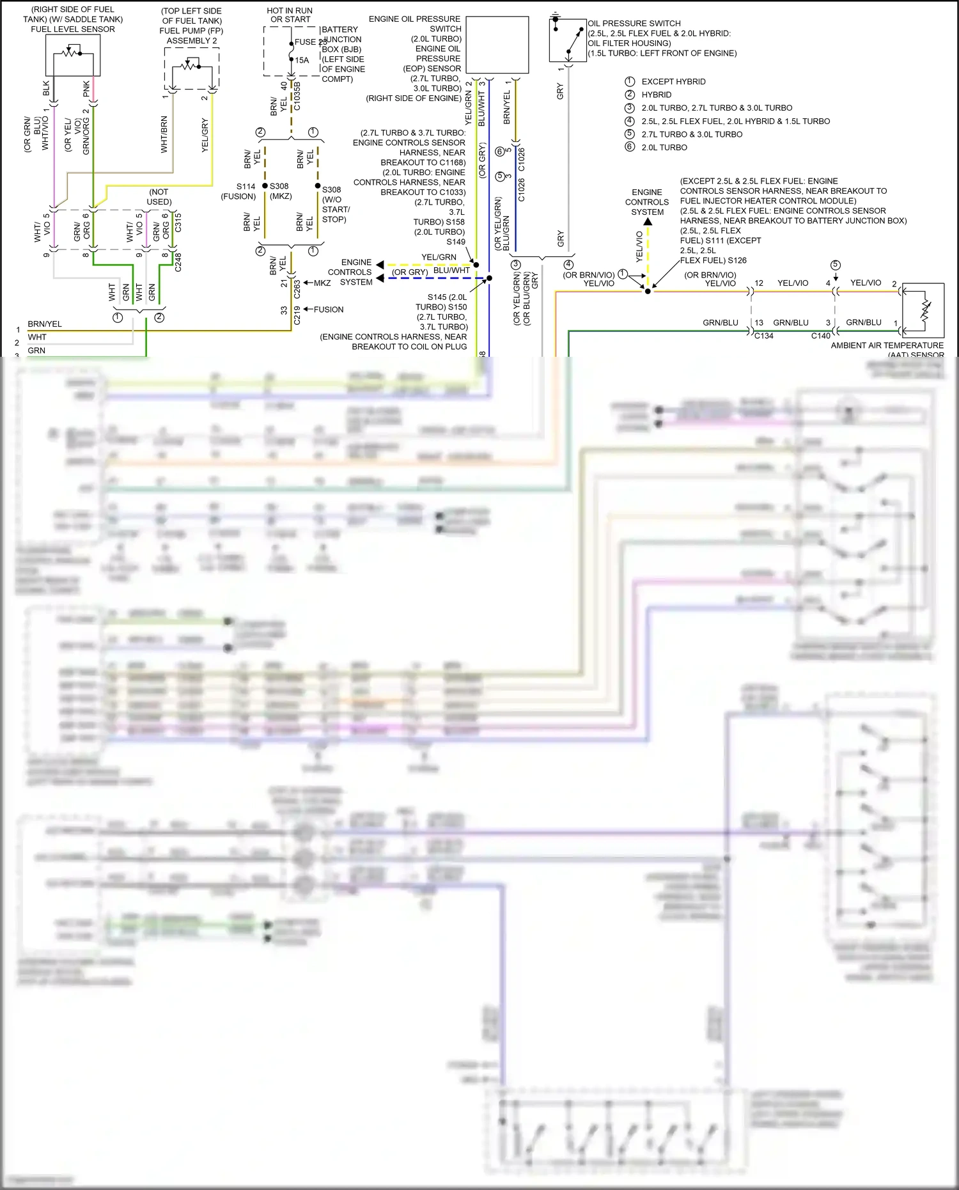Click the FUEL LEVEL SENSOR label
73,29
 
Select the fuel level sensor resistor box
73,55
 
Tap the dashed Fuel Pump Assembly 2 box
191,68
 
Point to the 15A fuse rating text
302,61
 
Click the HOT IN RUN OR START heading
290,15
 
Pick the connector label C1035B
297,96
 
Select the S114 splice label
246,187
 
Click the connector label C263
297,289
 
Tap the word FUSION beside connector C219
329,309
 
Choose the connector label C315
178,223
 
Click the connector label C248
178,262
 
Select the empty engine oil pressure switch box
497,45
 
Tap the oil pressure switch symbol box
568,40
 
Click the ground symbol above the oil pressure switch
556,15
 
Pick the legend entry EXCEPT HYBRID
673,82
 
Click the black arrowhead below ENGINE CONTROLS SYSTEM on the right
648,222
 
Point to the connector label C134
764,336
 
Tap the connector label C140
820,336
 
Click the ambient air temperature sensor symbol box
923,310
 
